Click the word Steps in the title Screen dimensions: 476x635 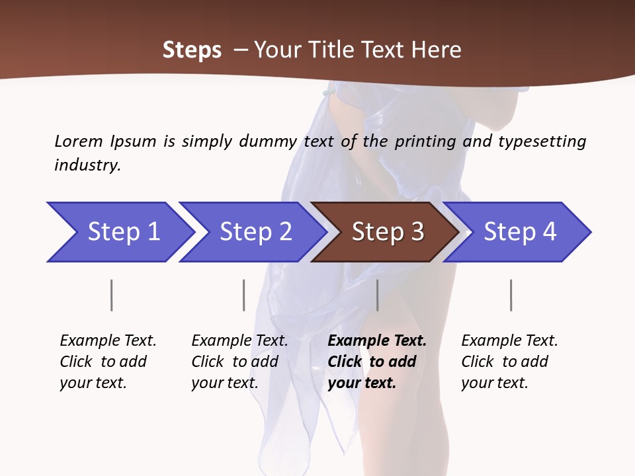point(192,50)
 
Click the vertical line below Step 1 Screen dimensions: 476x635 point(112,295)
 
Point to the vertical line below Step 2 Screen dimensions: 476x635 point(244,295)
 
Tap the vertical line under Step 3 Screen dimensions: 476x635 point(377,295)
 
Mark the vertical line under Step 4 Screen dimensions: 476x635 point(511,295)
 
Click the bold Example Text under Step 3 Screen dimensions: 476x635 point(377,341)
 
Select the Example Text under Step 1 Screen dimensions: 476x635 point(108,341)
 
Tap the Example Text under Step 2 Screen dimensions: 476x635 point(239,341)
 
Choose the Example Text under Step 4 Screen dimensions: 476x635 point(509,341)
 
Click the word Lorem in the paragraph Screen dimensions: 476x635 point(78,141)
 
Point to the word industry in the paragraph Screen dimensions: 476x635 point(87,165)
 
